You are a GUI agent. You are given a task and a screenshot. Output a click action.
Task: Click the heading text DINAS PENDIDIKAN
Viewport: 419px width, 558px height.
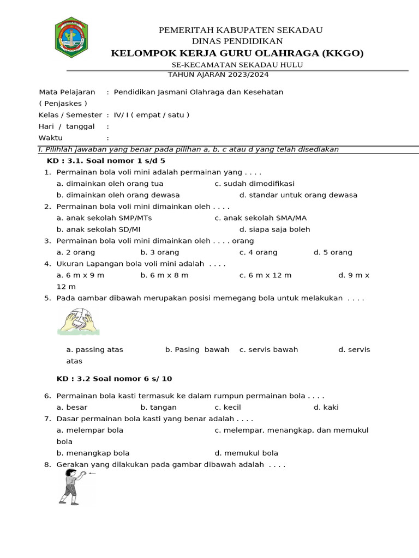(237, 41)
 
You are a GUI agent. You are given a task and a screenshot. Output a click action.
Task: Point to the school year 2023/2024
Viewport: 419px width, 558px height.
(248, 75)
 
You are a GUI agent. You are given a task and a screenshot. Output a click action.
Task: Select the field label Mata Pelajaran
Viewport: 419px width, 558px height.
(67, 92)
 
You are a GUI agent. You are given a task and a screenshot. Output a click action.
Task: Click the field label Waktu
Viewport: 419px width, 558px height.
(50, 138)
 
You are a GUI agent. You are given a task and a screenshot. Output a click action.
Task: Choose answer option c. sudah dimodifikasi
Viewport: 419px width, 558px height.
(254, 184)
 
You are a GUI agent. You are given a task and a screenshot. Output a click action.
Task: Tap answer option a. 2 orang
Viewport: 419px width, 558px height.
(76, 252)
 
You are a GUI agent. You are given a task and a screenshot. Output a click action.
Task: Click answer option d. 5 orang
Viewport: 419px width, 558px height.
(333, 252)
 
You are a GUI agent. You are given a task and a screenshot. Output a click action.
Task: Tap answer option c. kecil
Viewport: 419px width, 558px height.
(228, 407)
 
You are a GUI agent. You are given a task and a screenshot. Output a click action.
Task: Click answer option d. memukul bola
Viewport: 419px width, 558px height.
(246, 453)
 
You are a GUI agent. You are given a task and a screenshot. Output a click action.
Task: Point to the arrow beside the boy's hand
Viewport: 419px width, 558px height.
(92, 473)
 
